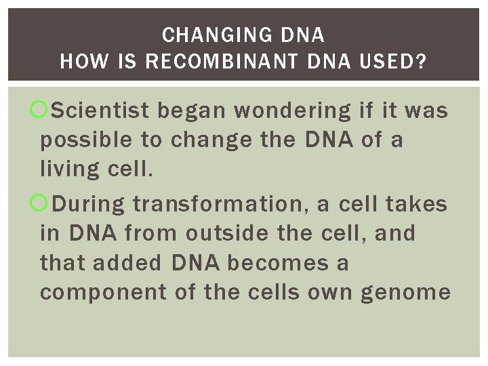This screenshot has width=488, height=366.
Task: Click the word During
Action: [89, 203]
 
